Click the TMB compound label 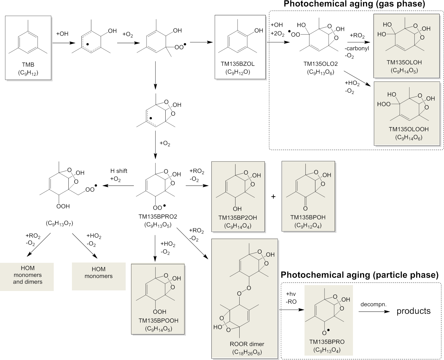(x=28, y=65)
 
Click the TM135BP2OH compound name (x=238, y=218)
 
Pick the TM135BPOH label (x=308, y=218)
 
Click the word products (x=413, y=311)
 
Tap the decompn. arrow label (x=373, y=305)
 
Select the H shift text (x=119, y=171)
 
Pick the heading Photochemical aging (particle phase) (x=359, y=275)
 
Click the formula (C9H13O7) (x=59, y=223)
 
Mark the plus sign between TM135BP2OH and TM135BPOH (x=273, y=196)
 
